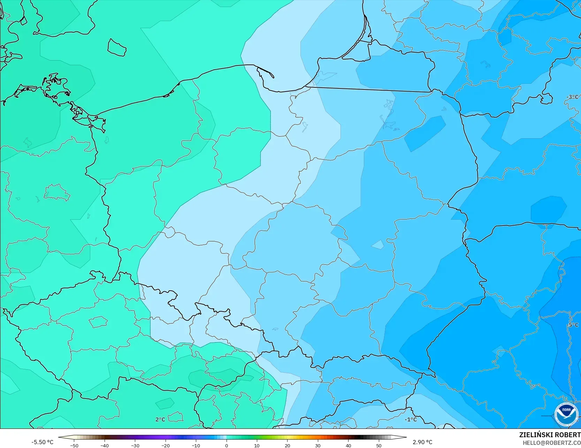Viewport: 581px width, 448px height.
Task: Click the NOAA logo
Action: [566, 414]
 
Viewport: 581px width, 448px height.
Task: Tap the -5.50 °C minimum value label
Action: [42, 442]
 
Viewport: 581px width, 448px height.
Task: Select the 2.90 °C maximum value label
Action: [422, 442]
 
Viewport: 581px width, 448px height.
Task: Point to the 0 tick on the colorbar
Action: [226, 445]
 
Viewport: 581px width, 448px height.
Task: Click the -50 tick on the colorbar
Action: [74, 445]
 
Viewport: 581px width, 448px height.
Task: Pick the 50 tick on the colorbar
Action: [379, 445]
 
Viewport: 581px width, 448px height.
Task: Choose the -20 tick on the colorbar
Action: [166, 445]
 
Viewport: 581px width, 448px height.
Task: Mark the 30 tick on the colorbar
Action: [318, 445]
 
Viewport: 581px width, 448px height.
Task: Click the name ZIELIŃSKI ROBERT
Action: [550, 435]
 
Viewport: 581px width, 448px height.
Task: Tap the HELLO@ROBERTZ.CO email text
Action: [551, 442]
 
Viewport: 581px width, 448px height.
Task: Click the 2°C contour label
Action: [160, 419]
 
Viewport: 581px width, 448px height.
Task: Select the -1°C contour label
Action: [411, 419]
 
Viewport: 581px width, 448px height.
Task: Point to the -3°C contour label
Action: [572, 97]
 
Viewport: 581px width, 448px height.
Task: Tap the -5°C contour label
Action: [572, 325]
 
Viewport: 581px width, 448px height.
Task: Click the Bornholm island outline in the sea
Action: [116, 47]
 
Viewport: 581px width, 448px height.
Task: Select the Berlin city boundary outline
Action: [56, 192]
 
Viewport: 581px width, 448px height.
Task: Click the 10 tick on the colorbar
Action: [257, 445]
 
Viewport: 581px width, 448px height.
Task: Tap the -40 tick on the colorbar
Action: [105, 445]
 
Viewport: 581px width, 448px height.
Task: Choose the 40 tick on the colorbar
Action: [348, 445]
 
